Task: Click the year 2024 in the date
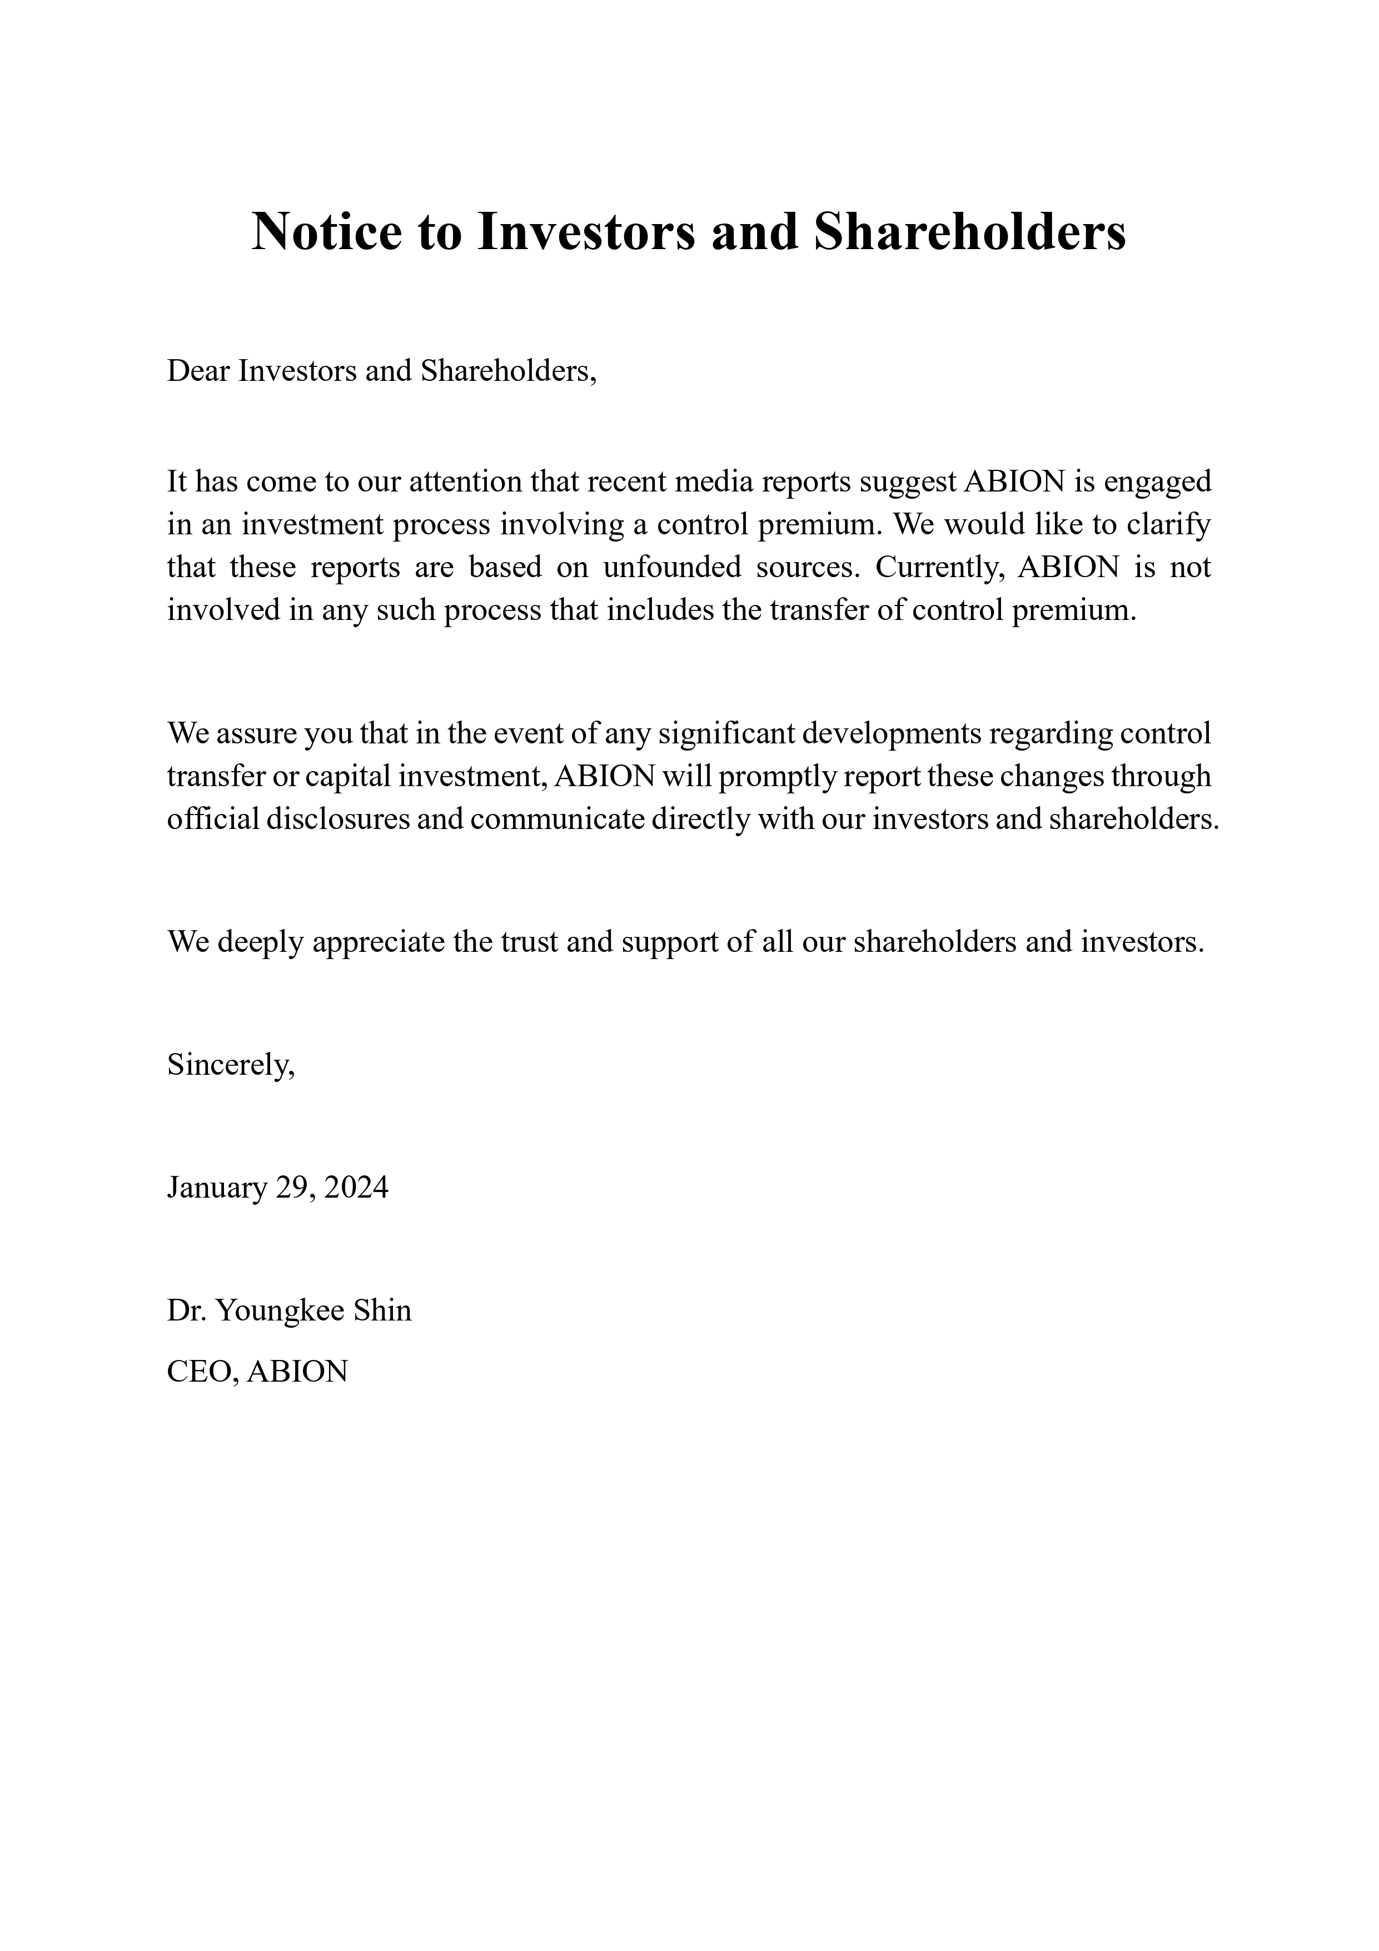356,1187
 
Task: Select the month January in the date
217,1187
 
